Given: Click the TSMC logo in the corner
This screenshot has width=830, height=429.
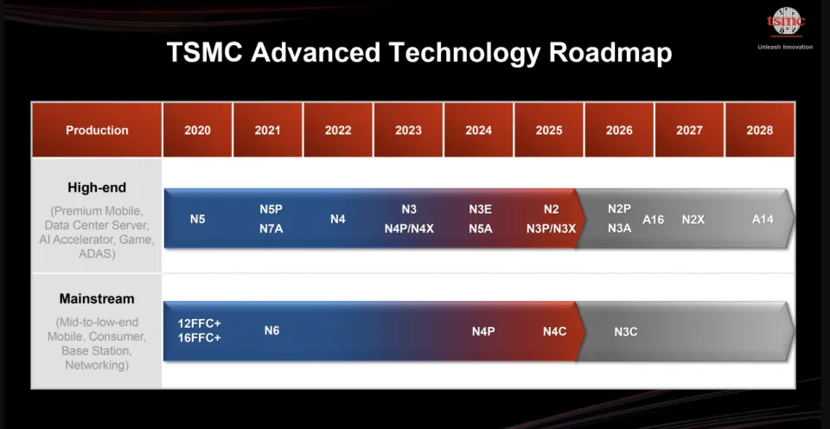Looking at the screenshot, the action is [x=786, y=22].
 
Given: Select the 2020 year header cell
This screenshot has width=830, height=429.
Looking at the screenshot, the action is [x=197, y=130].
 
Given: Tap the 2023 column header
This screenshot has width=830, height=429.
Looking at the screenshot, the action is [x=408, y=130].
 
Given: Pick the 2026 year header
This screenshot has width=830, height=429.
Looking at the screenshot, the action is [x=619, y=130].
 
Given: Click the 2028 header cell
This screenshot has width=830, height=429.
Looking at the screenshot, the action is [x=760, y=130].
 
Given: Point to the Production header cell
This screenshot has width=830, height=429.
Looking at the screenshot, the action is [x=97, y=130].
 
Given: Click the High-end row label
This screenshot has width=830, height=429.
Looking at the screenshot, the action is [x=97, y=188].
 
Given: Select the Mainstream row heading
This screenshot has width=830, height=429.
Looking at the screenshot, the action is [x=97, y=298].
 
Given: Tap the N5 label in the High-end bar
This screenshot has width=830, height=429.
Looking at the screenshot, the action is [x=197, y=219].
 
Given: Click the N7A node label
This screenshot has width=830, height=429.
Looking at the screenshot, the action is [x=271, y=229].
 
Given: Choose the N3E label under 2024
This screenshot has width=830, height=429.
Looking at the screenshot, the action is [x=480, y=209].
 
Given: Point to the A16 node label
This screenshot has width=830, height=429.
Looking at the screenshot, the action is [x=654, y=220].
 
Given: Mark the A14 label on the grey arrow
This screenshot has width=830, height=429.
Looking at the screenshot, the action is [x=763, y=220].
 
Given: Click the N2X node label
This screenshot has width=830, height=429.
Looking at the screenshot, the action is [x=693, y=220].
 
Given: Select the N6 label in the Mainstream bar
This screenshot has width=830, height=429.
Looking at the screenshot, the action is [x=271, y=330].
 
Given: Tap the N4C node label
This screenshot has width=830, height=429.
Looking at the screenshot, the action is [x=555, y=331].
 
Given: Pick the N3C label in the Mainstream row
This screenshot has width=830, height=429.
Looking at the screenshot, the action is [x=626, y=332].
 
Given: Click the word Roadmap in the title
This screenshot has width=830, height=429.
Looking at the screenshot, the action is [x=610, y=53].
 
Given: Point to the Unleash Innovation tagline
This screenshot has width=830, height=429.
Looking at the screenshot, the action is [x=785, y=47].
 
